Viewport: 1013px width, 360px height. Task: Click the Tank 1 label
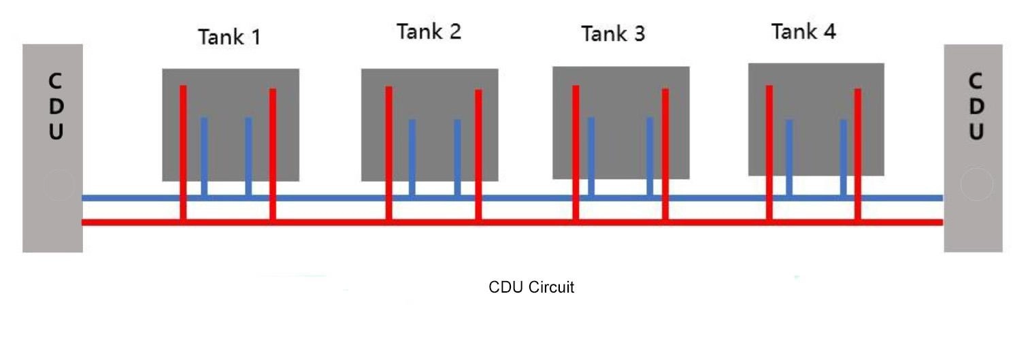point(230,37)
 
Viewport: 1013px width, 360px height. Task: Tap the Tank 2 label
point(429,32)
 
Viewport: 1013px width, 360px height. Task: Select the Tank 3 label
point(613,33)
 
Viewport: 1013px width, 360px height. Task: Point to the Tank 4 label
point(803,32)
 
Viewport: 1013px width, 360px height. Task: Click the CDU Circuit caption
point(531,287)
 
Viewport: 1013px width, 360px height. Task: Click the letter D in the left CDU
point(56,106)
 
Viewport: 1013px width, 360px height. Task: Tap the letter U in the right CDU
point(976,131)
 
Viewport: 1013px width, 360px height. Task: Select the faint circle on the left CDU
point(59,184)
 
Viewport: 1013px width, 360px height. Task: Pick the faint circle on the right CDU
point(977,184)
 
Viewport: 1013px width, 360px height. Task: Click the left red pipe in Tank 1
point(183,153)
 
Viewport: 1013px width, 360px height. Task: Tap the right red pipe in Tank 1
point(273,154)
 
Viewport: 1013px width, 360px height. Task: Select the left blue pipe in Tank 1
point(204,157)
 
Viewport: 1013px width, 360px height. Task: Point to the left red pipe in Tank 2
point(389,153)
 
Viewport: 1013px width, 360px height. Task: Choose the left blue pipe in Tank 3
point(591,157)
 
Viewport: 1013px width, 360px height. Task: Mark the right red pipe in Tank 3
point(665,154)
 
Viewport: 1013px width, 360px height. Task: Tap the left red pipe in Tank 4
point(769,153)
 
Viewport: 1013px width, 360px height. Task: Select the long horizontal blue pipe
point(512,198)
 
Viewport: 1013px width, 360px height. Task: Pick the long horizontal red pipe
point(512,222)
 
